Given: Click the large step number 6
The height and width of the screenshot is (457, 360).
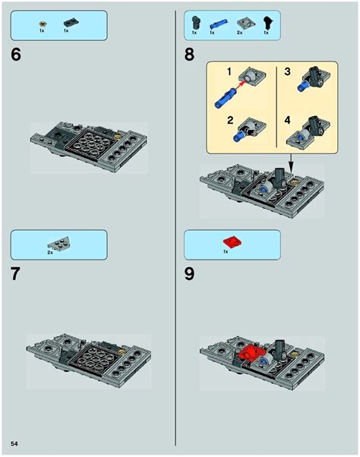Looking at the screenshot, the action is click(16, 54).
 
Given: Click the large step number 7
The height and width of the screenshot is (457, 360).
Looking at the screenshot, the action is click(16, 274).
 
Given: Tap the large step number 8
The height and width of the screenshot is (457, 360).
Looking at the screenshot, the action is click(189, 54).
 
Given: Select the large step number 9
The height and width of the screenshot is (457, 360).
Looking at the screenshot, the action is click(189, 274).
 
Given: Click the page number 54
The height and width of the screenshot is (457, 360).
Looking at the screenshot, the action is click(14, 443).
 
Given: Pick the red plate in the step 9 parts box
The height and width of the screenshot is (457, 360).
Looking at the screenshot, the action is click(232, 241).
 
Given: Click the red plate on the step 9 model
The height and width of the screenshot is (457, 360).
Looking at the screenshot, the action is click(250, 352).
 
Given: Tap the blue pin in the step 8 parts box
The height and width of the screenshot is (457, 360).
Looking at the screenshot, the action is click(218, 24).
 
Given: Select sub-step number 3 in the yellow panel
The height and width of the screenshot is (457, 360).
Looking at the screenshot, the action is click(287, 71).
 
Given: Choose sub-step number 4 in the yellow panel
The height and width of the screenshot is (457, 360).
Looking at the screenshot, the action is click(287, 120).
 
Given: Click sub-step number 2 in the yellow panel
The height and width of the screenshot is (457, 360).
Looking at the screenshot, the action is click(230, 120).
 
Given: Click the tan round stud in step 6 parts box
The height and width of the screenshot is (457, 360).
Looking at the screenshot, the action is click(42, 23).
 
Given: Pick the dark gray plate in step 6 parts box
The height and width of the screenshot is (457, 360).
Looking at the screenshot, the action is click(71, 23).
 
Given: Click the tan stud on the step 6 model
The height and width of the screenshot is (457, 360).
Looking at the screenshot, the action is click(118, 136).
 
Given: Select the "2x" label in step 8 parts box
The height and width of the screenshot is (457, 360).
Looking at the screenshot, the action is click(239, 33).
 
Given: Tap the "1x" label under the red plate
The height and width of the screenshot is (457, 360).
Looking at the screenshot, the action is click(226, 251).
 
